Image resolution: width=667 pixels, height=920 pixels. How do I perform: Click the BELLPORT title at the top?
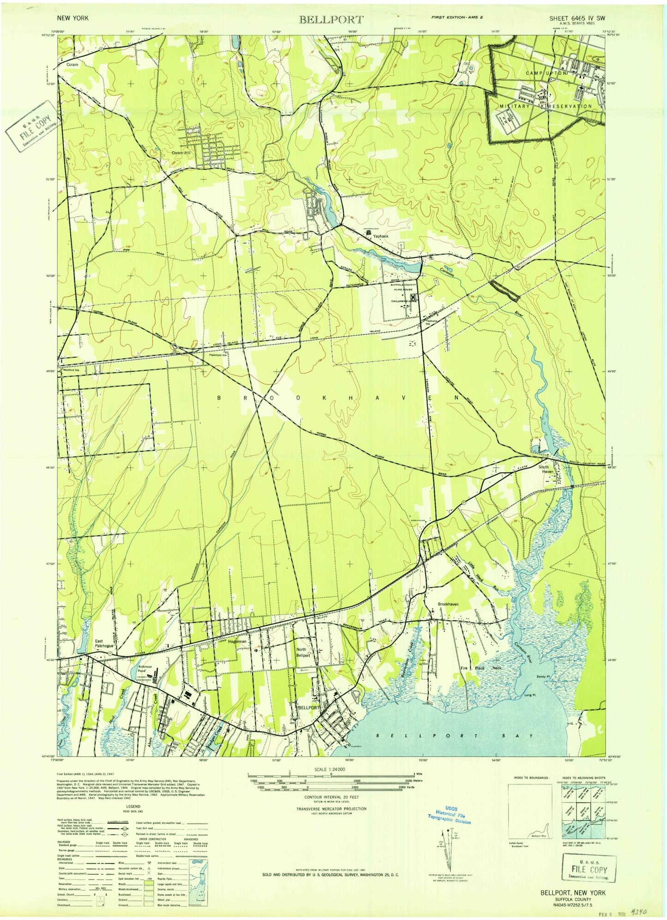click(331, 19)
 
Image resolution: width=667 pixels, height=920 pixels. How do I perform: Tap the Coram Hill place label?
click(181, 152)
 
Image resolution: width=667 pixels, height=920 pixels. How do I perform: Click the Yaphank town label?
click(381, 236)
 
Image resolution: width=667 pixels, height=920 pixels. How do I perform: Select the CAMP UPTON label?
click(546, 73)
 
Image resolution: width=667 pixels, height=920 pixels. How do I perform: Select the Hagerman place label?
click(237, 642)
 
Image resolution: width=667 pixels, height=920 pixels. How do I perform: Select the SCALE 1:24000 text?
click(330, 769)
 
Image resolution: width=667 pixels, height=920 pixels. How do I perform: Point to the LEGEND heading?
click(133, 806)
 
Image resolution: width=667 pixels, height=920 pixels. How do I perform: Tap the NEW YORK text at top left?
click(73, 18)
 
